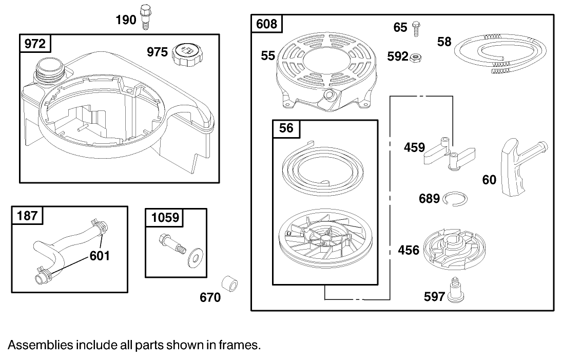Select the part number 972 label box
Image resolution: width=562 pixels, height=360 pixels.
(36, 44)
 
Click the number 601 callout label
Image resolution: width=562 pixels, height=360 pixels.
(100, 255)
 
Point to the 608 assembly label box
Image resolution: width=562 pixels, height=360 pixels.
(266, 24)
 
